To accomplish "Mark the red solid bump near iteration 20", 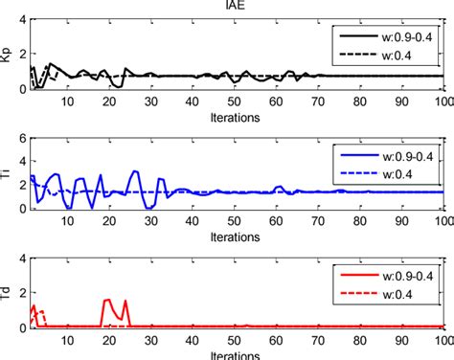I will pos(108,274).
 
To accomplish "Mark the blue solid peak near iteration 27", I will pos(135,172).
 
